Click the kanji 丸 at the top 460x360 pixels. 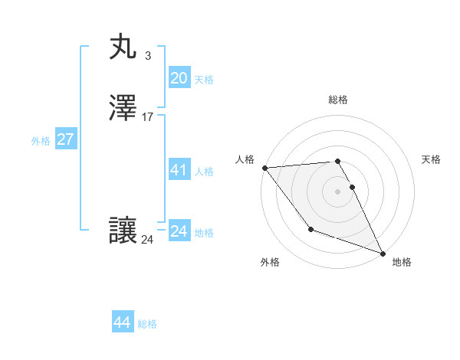pos(123,47)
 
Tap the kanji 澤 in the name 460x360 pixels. pos(123,109)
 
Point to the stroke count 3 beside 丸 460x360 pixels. pos(147,55)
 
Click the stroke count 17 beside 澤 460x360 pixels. pos(148,117)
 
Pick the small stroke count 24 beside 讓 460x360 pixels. pos(147,240)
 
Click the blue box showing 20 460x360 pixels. pos(179,77)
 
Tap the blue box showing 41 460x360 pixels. pos(179,170)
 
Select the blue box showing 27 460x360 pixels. pos(65,139)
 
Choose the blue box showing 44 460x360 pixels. pos(123,322)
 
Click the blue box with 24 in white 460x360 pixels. pos(179,231)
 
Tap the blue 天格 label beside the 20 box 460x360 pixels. pos(204,80)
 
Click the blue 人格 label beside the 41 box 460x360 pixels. pos(204,172)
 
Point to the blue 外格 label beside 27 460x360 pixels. pos(41,141)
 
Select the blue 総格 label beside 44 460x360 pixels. pos(147,324)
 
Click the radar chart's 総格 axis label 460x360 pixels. pos(338,100)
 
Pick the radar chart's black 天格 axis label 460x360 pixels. pos(431,159)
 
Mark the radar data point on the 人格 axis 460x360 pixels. pos(264,168)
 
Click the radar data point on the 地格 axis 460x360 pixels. pos(383,253)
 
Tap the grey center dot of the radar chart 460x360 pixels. pos(337,191)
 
